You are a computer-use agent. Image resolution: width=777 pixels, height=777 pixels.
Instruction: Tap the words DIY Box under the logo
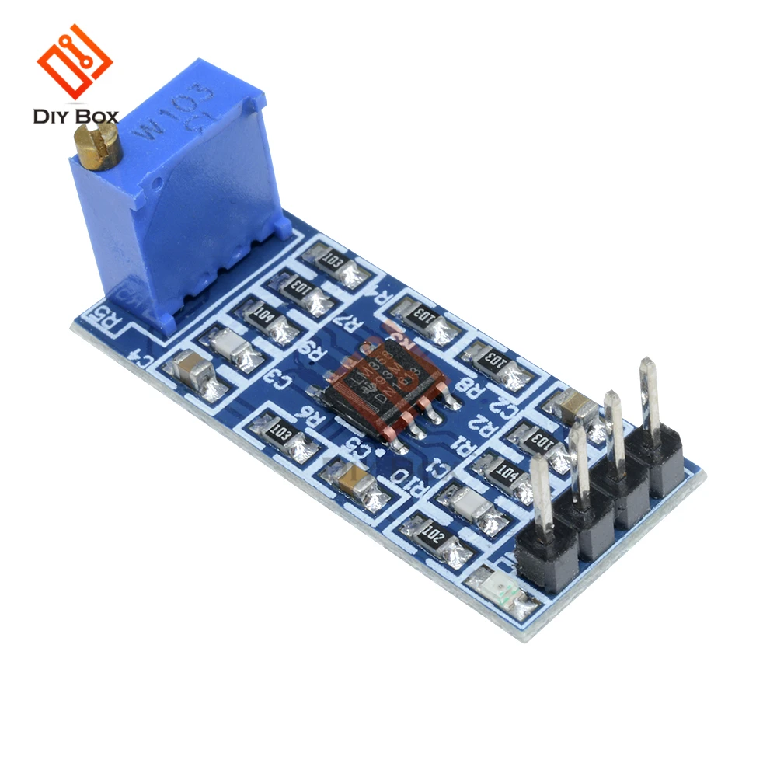point(75,117)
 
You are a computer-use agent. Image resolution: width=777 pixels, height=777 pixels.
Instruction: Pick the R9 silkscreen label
point(315,351)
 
